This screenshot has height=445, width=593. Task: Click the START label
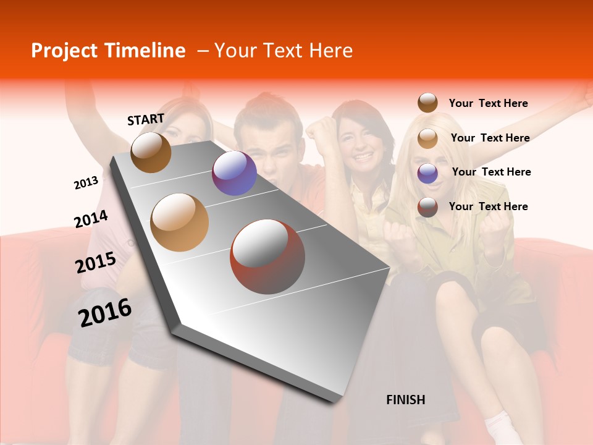pyautogui.click(x=146, y=119)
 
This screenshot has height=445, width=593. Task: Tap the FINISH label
pyautogui.click(x=406, y=400)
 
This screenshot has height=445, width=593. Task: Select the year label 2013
pyautogui.click(x=86, y=182)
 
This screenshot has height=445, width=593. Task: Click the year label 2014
pyautogui.click(x=91, y=219)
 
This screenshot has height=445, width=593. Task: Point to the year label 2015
pyautogui.click(x=96, y=263)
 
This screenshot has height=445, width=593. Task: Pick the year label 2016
pyautogui.click(x=105, y=313)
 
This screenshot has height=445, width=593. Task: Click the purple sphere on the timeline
pyautogui.click(x=234, y=173)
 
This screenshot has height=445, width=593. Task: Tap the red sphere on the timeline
pyautogui.click(x=267, y=256)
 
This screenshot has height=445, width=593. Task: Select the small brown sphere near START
pyautogui.click(x=151, y=152)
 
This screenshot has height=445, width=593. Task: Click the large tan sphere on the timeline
pyautogui.click(x=180, y=222)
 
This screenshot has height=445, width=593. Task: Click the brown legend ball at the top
pyautogui.click(x=427, y=103)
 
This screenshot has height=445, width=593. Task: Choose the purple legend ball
pyautogui.click(x=427, y=173)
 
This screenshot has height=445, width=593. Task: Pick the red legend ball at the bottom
pyautogui.click(x=427, y=207)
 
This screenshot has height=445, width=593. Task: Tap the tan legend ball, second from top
pyautogui.click(x=427, y=138)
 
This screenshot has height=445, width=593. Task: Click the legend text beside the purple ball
pyautogui.click(x=491, y=172)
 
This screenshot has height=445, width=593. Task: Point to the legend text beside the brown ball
pyautogui.click(x=488, y=103)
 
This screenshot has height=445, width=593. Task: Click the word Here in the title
pyautogui.click(x=330, y=51)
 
